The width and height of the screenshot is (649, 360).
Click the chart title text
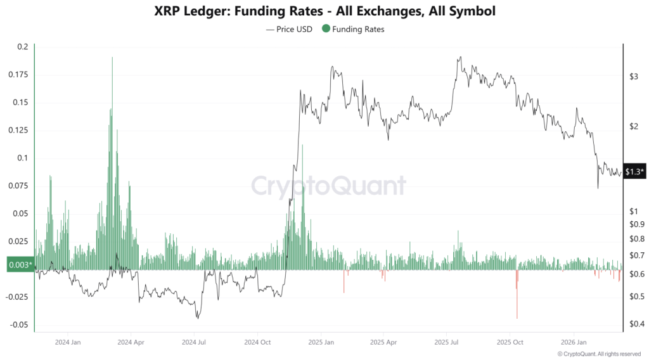point(324,11)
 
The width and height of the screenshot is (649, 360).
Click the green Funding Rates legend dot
point(326,29)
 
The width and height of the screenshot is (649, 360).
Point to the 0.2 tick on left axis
point(23,47)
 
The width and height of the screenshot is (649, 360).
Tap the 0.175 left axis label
point(18,75)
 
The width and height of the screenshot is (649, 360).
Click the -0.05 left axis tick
point(19,325)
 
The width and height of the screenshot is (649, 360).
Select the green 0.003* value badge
point(19,265)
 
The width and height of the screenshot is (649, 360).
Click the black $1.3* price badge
point(634,172)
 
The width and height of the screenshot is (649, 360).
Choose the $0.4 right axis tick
point(634,325)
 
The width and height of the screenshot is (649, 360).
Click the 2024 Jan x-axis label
point(67,342)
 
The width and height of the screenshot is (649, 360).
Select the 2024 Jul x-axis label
point(193,342)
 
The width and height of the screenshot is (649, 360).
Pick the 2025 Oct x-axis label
point(510,342)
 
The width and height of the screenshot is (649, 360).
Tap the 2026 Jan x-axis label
point(574,342)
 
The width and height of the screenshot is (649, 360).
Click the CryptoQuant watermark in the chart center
point(328,186)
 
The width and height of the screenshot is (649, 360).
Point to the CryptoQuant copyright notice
point(599,354)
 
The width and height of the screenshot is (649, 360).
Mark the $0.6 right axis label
point(634,274)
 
